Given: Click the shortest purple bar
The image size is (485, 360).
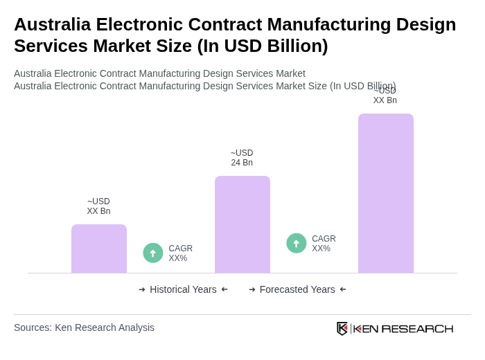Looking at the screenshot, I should [x=99, y=249].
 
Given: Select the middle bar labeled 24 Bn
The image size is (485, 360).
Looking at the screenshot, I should [x=242, y=224].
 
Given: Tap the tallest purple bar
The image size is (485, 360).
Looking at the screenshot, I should [x=386, y=193].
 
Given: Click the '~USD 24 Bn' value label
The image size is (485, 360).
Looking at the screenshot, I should [x=242, y=158].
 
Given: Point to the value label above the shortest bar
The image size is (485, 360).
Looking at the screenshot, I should [x=98, y=206].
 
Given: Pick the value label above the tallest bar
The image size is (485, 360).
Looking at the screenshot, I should [x=385, y=96].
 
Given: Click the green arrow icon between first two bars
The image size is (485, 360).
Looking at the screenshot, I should [x=153, y=253].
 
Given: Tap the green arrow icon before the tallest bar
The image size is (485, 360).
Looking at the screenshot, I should [x=297, y=243].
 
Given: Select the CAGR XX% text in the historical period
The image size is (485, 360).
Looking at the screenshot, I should [x=180, y=253].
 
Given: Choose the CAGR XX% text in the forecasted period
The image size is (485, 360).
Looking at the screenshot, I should [x=324, y=244].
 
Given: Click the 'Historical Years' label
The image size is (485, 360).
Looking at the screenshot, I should [x=183, y=289].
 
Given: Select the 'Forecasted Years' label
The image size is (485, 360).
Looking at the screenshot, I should [x=297, y=289].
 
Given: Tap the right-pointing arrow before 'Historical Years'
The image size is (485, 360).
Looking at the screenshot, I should [x=142, y=289].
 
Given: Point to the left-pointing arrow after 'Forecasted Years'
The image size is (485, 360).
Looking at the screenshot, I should [x=343, y=289].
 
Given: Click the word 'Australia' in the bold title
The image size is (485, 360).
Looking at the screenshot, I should [x=52, y=24].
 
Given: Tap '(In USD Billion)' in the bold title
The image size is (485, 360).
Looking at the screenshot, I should [x=263, y=46].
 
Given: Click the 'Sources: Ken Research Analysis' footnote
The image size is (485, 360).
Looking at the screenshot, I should [x=84, y=327].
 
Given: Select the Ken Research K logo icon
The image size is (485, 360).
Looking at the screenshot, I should [x=342, y=328].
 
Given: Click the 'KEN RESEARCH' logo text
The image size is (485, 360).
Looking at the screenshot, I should [x=403, y=328].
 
